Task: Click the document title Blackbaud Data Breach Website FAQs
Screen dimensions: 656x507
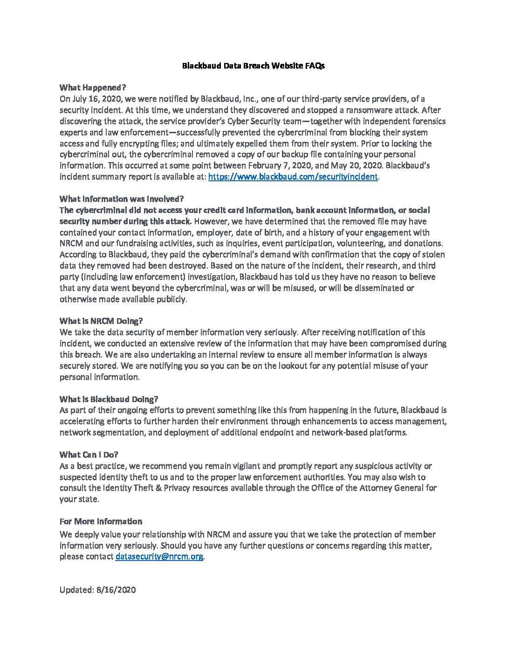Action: [253, 66]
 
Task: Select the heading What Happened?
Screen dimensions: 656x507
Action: [93, 88]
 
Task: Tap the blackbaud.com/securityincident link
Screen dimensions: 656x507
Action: [293, 177]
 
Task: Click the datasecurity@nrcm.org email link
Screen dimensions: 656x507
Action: [159, 557]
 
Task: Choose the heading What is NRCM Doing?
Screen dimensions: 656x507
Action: [101, 321]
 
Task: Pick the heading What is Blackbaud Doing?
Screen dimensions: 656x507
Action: [109, 399]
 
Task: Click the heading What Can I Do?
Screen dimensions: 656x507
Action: [89, 455]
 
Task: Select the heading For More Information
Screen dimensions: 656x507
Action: [101, 521]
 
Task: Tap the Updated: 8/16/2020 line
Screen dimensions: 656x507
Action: [97, 590]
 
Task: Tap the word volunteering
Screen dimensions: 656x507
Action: [360, 244]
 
